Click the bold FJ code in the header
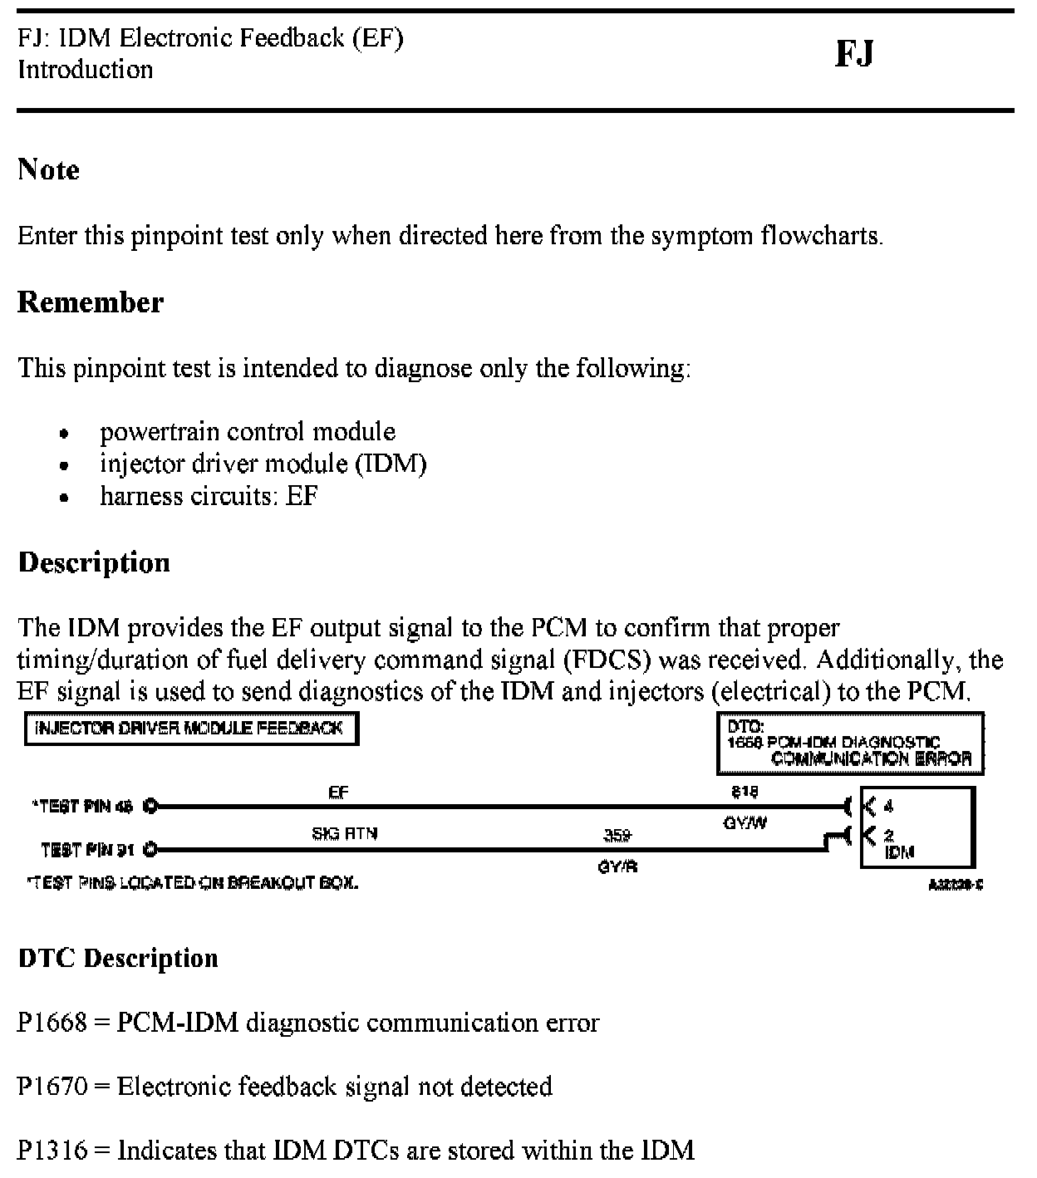[x=854, y=54]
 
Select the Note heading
[x=49, y=169]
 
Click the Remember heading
[x=91, y=302]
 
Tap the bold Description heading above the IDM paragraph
[x=94, y=562]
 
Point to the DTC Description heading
[x=118, y=958]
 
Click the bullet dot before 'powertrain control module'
[x=64, y=434]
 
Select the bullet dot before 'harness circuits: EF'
[x=64, y=498]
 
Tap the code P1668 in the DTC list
[x=52, y=1023]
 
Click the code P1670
[x=52, y=1087]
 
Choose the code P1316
[x=52, y=1151]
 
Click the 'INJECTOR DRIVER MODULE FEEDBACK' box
[x=191, y=729]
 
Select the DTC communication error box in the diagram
[x=850, y=744]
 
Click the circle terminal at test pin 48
[x=150, y=805]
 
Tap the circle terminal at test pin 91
[x=150, y=849]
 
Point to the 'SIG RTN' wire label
[x=344, y=833]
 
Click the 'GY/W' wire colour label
[x=745, y=823]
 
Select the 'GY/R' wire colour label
[x=617, y=866]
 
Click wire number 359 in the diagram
[x=617, y=834]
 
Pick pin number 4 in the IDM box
[x=888, y=806]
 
